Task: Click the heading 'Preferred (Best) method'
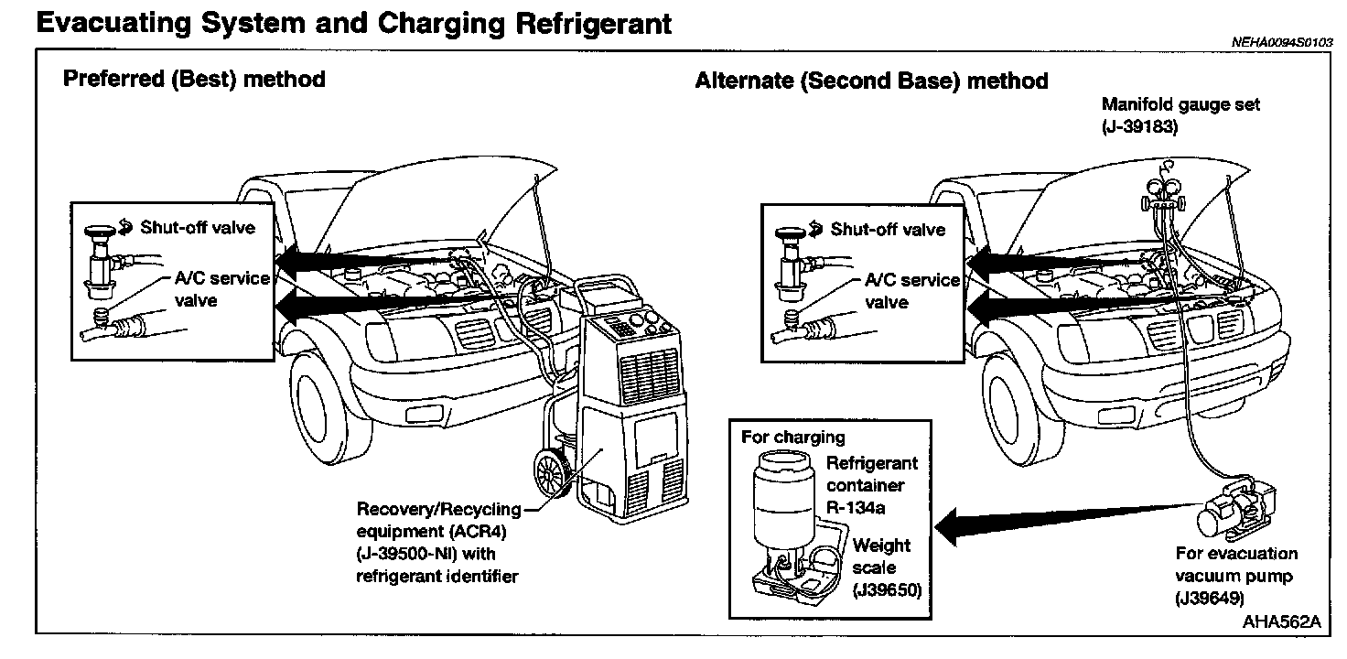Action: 194,80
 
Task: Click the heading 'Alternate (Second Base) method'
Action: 871,81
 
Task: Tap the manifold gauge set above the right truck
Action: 1164,192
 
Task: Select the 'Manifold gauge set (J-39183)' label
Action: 1180,115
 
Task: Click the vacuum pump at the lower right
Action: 1235,506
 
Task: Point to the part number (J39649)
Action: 1210,599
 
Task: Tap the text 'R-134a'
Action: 855,508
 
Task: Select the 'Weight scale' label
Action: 881,556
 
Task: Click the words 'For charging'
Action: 792,438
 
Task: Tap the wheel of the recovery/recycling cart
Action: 552,471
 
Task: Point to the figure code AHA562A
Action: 1281,621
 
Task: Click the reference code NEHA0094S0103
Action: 1282,42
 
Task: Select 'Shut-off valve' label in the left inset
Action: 198,227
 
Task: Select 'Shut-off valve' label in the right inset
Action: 888,229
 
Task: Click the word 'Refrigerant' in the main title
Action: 593,24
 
